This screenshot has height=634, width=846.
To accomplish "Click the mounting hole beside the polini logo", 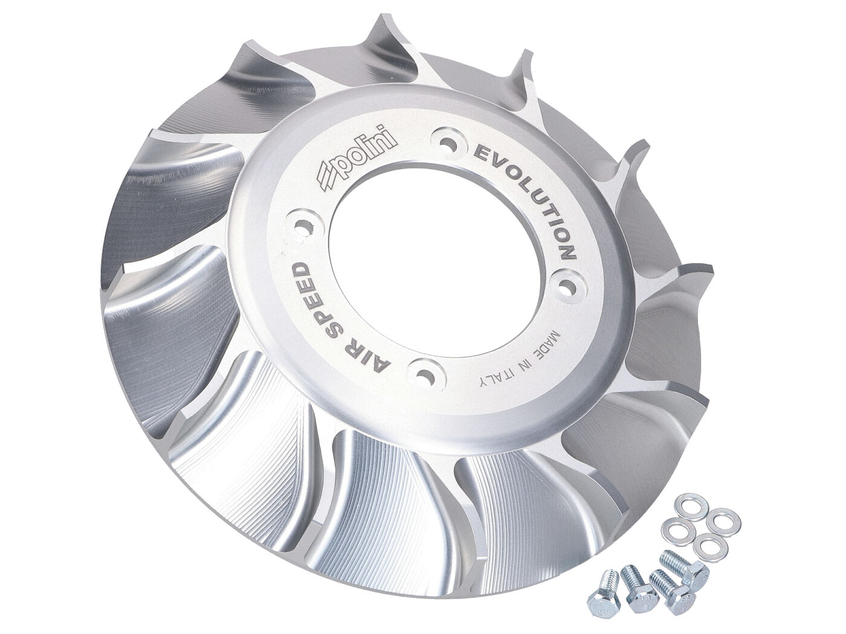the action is [x=448, y=144].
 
